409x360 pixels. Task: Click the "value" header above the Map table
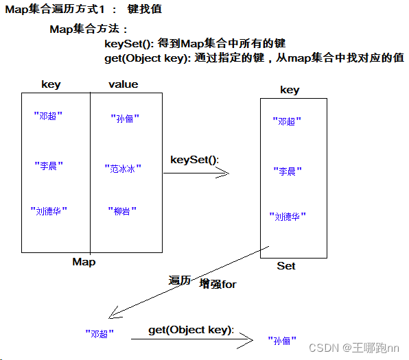pyautogui.click(x=124, y=84)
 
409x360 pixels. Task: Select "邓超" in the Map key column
pyautogui.click(x=48, y=116)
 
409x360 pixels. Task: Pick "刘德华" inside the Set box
pyautogui.click(x=288, y=217)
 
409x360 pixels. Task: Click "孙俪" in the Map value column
pyautogui.click(x=125, y=118)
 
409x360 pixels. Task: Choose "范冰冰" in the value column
pyautogui.click(x=123, y=167)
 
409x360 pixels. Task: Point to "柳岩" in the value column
pyautogui.click(x=121, y=211)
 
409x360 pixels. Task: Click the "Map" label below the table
pyautogui.click(x=84, y=262)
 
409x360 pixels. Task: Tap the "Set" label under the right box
pyautogui.click(x=286, y=265)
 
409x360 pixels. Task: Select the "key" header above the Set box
pyautogui.click(x=290, y=90)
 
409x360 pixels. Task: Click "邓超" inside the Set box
pyautogui.click(x=288, y=121)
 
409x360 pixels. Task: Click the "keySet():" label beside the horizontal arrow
pyautogui.click(x=194, y=160)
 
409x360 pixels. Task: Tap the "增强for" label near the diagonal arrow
pyautogui.click(x=218, y=284)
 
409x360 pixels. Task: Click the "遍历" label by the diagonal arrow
pyautogui.click(x=179, y=280)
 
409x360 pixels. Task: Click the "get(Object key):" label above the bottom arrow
pyautogui.click(x=191, y=330)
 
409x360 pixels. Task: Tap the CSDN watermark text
pyautogui.click(x=353, y=348)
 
